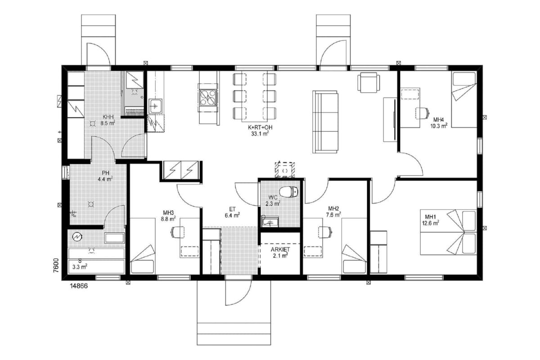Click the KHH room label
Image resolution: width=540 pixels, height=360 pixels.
pyautogui.click(x=108, y=117)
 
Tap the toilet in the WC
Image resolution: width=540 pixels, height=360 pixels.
pyautogui.click(x=289, y=192)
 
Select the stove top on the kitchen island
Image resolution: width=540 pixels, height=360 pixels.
pyautogui.click(x=208, y=98)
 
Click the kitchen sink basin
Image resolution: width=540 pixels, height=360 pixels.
pyautogui.click(x=155, y=106)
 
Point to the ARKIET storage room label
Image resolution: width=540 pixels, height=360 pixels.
pyautogui.click(x=280, y=249)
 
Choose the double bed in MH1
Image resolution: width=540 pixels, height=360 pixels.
pyautogui.click(x=448, y=232)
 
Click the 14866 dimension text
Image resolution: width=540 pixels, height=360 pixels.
pyautogui.click(x=79, y=286)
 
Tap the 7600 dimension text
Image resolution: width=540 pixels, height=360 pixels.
pyautogui.click(x=56, y=265)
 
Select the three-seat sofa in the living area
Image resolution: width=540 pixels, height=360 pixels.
pyautogui.click(x=325, y=122)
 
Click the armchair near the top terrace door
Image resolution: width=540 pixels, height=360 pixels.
pyautogui.click(x=369, y=82)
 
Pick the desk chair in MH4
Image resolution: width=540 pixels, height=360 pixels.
pyautogui.click(x=423, y=113)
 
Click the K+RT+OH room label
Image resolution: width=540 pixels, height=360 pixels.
pyautogui.click(x=260, y=127)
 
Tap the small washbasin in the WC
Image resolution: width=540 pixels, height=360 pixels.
pyautogui.click(x=270, y=221)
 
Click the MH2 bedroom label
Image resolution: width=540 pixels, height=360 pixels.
pyautogui.click(x=333, y=208)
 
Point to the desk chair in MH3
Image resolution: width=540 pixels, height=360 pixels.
pyautogui.click(x=178, y=232)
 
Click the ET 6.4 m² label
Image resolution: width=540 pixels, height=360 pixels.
pyautogui.click(x=232, y=212)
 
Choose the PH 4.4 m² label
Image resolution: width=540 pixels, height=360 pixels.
pyautogui.click(x=105, y=176)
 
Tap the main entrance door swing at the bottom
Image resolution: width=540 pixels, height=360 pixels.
pyautogui.click(x=238, y=293)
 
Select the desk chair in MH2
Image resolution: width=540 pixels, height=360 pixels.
pyautogui.click(x=326, y=232)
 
